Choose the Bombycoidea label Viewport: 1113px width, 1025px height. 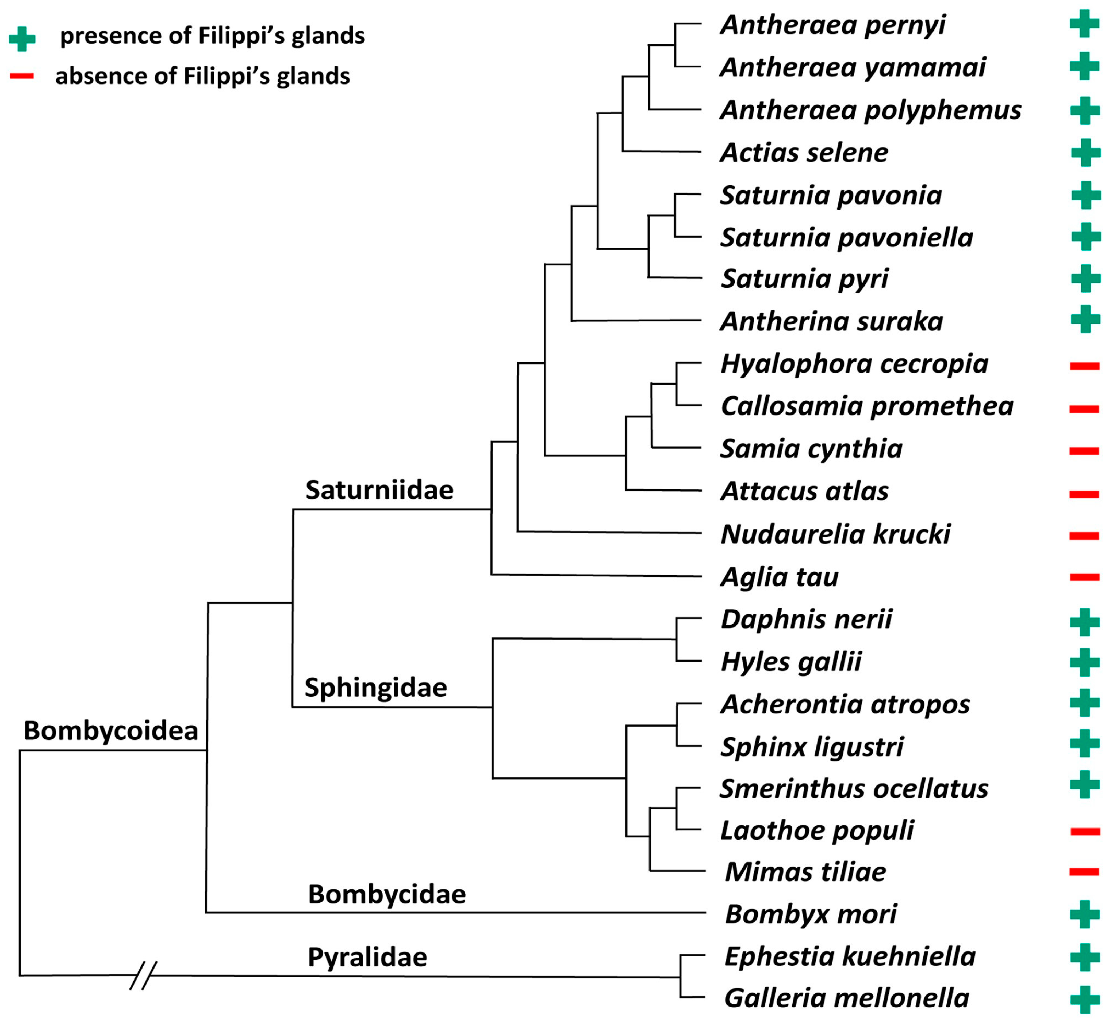click(111, 731)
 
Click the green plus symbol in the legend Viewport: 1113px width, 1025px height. click(22, 39)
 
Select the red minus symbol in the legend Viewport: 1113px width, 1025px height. click(22, 76)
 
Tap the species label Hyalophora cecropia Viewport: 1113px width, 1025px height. click(854, 365)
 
